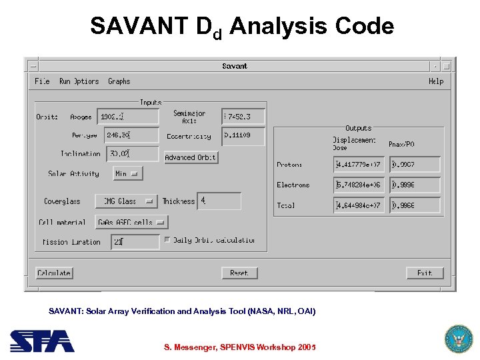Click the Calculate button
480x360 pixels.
click(54, 273)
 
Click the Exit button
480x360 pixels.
click(425, 273)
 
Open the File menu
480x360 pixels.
click(42, 81)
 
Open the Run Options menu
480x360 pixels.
click(79, 81)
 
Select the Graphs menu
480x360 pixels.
click(119, 81)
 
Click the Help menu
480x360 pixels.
click(436, 81)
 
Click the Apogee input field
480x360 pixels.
click(128, 117)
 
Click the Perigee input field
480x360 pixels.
click(128, 135)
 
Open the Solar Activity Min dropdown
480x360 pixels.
click(127, 173)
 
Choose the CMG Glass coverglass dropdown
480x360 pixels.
click(126, 201)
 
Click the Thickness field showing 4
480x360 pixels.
click(219, 201)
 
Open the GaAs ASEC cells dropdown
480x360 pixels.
click(131, 223)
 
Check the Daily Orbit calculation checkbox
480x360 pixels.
click(167, 240)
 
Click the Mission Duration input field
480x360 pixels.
click(135, 242)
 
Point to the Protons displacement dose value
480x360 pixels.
click(359, 165)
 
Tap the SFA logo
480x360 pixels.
click(42, 341)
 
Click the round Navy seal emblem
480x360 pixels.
click(458, 339)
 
